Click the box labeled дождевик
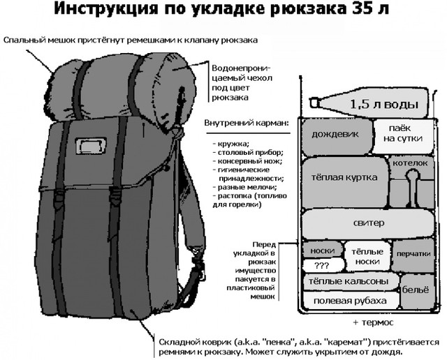[x=337, y=137]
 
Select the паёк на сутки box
[x=404, y=136]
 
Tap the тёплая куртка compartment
[x=345, y=183]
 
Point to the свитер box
[x=368, y=224]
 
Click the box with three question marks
[x=323, y=265]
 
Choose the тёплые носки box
[x=368, y=257]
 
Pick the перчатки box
[x=413, y=255]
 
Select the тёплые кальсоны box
[x=351, y=282]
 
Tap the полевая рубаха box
[x=351, y=301]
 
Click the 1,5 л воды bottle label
[x=383, y=105]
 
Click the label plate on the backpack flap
[x=90, y=146]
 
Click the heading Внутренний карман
[x=247, y=123]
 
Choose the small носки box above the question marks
[x=322, y=250]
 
